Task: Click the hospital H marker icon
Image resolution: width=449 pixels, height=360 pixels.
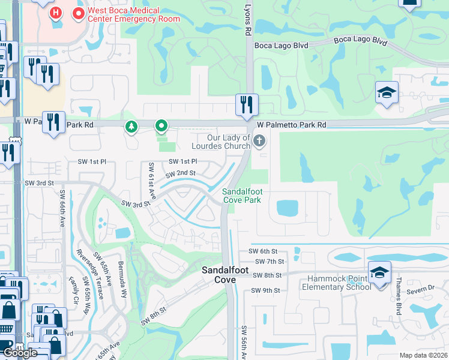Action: coord(56,13)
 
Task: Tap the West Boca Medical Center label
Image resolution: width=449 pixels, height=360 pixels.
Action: coord(125,14)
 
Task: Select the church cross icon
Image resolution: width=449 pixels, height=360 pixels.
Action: coord(259,142)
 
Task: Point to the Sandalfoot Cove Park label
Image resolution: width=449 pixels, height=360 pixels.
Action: coord(242,196)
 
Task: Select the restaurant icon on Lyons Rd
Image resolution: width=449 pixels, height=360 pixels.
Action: coord(247,105)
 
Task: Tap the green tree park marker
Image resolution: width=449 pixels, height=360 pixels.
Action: coord(131,127)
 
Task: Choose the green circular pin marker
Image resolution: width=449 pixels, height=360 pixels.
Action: coord(161,126)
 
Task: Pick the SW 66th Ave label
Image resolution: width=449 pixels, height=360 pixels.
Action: coord(62,209)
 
